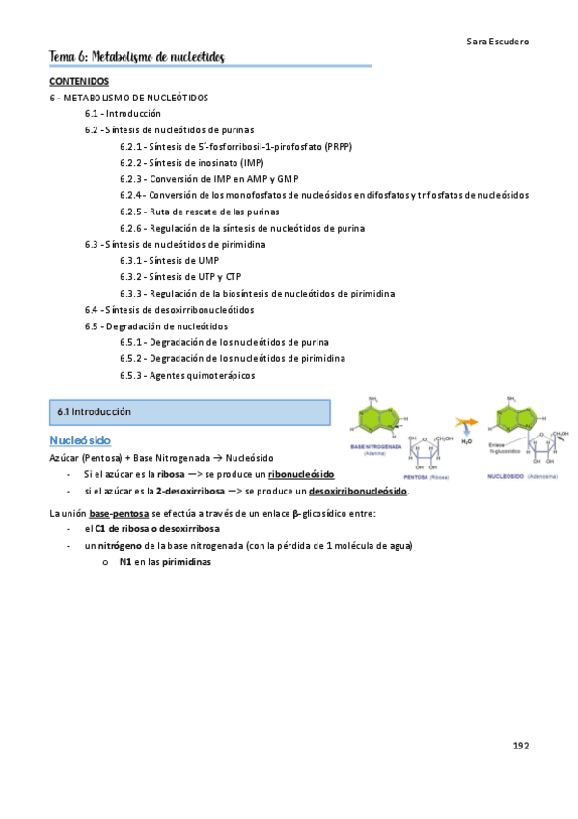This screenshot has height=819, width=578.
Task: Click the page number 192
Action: point(520,746)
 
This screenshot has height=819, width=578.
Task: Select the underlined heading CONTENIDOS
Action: point(79,82)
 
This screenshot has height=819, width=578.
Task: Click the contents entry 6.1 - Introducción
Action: point(123,113)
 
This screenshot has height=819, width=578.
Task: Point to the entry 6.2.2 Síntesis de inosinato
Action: point(191,161)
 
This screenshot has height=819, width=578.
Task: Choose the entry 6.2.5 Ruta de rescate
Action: point(200,211)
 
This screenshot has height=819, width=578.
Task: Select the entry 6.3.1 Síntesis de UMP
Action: point(169,261)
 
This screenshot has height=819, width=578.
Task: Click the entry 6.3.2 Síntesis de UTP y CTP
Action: point(180,277)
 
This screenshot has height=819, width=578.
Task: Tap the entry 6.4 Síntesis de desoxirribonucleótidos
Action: point(169,310)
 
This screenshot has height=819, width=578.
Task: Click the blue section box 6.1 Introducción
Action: point(189,412)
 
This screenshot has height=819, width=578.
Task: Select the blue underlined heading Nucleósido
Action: point(80,440)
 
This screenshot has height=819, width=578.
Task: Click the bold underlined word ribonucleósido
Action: point(301,474)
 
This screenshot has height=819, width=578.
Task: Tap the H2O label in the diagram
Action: point(467,442)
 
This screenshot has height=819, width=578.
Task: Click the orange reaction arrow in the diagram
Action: point(467,424)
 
